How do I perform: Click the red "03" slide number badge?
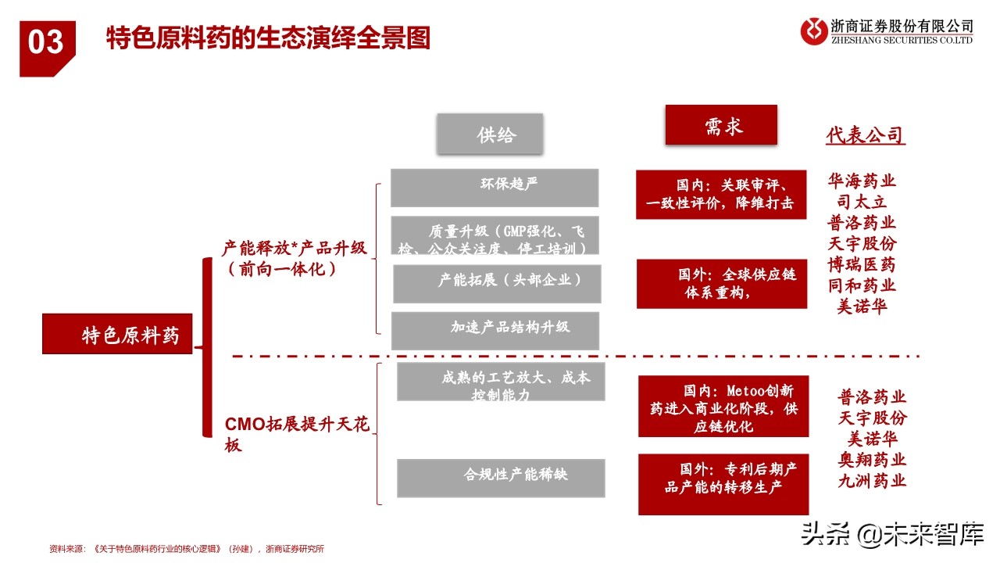point(47,45)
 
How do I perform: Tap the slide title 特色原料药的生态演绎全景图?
point(268,38)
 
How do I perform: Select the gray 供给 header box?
point(490,134)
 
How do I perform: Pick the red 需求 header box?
point(721,125)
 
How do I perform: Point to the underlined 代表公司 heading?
point(865,135)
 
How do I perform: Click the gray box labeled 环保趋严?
point(495,188)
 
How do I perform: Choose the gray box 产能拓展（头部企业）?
point(497,283)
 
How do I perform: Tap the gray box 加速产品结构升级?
point(495,330)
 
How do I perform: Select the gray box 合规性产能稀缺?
point(501,478)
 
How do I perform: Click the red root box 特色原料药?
point(117,335)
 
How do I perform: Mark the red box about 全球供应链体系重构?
point(721,284)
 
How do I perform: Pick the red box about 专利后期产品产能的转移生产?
point(723,484)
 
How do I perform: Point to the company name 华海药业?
point(862,181)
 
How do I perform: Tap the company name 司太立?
point(862,202)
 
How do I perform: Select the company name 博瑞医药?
point(862,265)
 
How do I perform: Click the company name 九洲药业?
point(873,480)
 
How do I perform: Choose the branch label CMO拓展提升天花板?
point(297,435)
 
